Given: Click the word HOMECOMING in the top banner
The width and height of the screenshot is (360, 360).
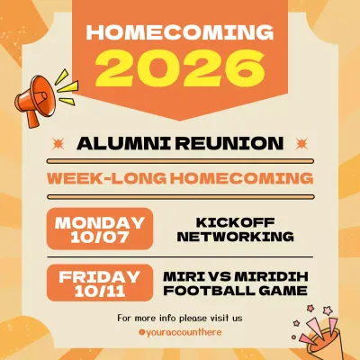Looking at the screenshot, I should (179, 33).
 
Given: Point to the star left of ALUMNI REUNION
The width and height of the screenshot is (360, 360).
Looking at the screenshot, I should (60, 143).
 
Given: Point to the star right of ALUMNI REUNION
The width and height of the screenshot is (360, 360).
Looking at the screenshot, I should (299, 143).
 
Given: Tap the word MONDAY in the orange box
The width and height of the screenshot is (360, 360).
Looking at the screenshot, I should (100, 222).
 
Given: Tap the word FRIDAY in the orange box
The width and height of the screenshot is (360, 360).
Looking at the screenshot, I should (100, 275).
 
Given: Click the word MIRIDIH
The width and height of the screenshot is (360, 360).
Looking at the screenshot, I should (271, 275).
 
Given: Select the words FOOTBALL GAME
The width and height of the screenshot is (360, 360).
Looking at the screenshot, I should (235, 291).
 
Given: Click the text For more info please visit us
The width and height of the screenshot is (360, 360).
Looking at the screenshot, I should (180, 318).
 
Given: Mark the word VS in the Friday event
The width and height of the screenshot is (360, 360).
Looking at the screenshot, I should (220, 275).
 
